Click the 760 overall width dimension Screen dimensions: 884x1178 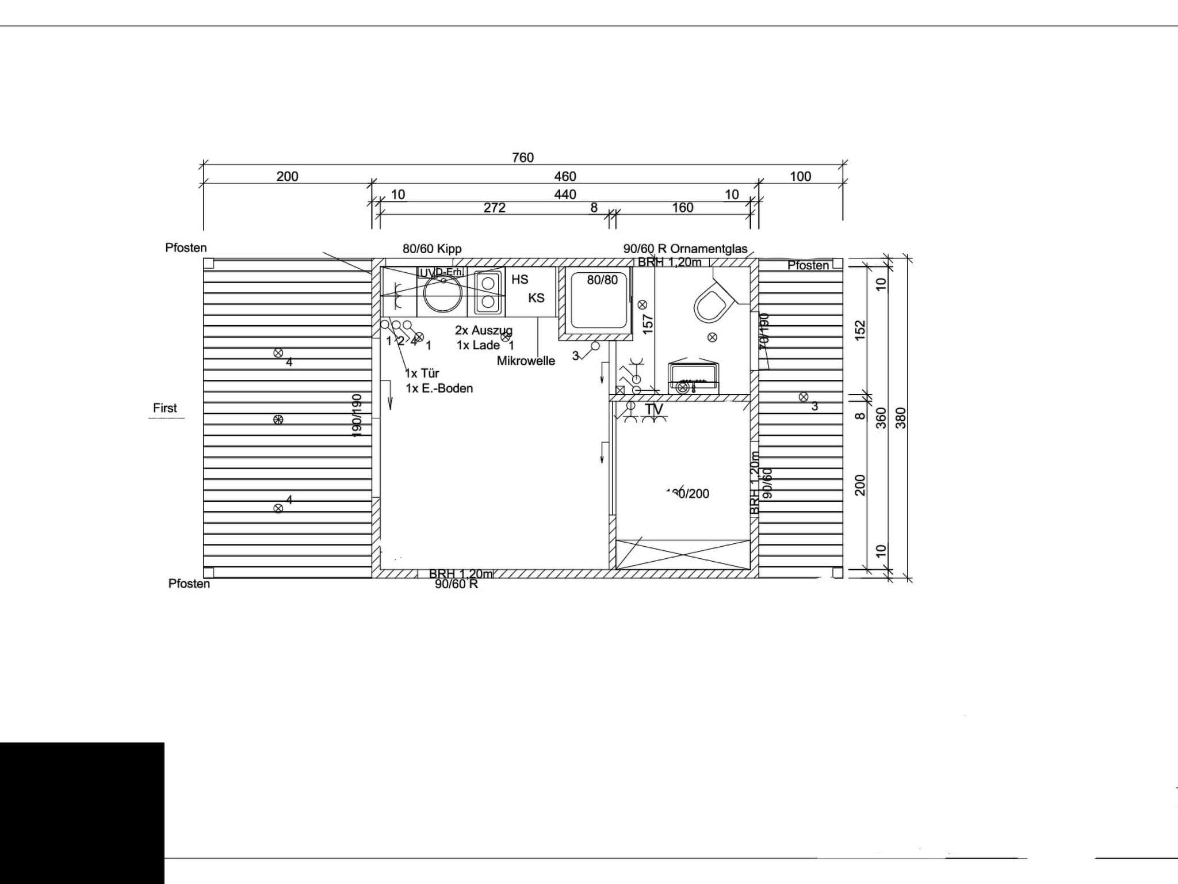coord(523,157)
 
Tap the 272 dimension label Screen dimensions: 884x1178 coord(494,208)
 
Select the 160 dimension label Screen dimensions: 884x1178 coord(683,208)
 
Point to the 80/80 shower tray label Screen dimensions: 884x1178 coord(602,280)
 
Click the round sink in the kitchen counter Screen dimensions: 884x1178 coord(443,293)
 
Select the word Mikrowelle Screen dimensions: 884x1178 coord(526,361)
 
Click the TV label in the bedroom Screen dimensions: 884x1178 coord(654,409)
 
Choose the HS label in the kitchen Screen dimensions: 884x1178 coord(519,280)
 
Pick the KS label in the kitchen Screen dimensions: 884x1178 coord(536,298)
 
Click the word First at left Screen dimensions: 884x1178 coord(165,408)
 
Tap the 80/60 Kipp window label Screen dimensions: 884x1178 coord(432,249)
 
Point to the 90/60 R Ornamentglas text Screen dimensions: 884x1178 coord(685,249)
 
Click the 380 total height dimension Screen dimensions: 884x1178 coord(901,418)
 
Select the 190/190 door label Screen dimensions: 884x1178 coord(357,415)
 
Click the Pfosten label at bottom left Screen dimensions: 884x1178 coord(189,584)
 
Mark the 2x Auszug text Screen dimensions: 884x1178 coord(483,330)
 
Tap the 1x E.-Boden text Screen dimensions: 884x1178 coord(439,388)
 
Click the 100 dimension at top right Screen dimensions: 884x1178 coord(800,177)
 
